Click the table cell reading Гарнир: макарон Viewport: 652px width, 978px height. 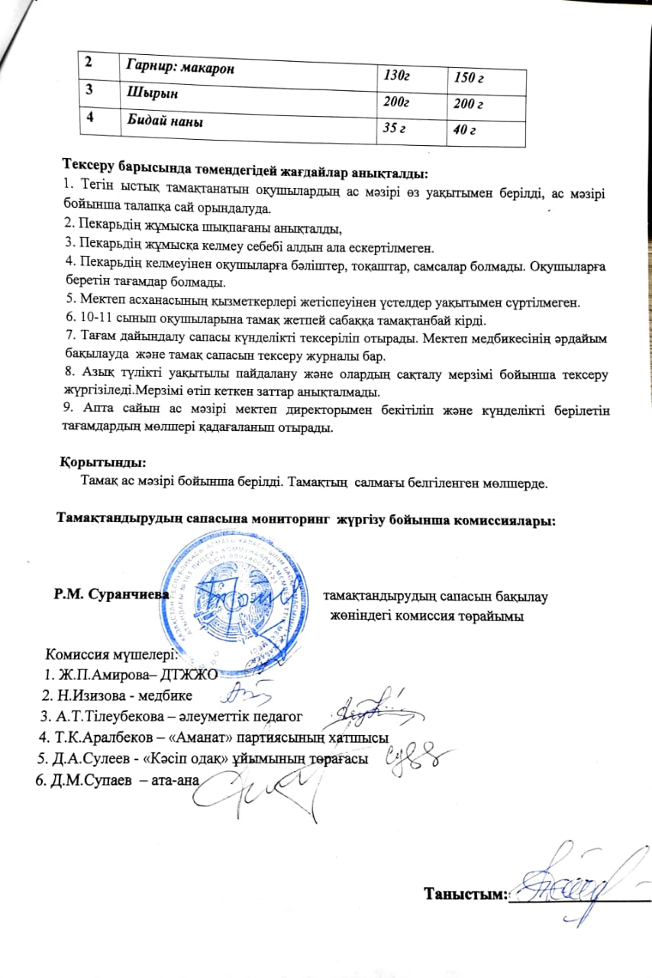tap(179, 69)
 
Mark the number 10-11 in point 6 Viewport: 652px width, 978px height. tap(91, 324)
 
